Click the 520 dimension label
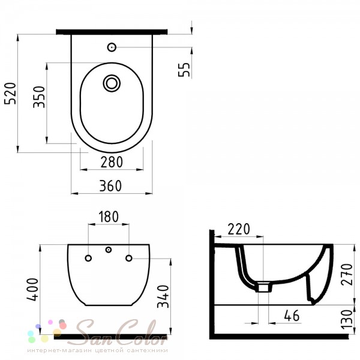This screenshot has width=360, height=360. pos(11,94)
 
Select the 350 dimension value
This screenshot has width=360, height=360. pos(39,97)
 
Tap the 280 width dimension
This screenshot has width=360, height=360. pos(112,162)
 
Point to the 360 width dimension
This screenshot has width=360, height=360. pos(110,186)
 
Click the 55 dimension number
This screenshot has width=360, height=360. pos(184,70)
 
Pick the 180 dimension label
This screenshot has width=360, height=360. pos(109,217)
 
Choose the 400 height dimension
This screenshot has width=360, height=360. pos(32,289)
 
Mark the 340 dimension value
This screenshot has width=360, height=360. pos(163,296)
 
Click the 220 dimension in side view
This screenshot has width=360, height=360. pos(239,229)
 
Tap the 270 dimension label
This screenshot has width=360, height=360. pos(346,275)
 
